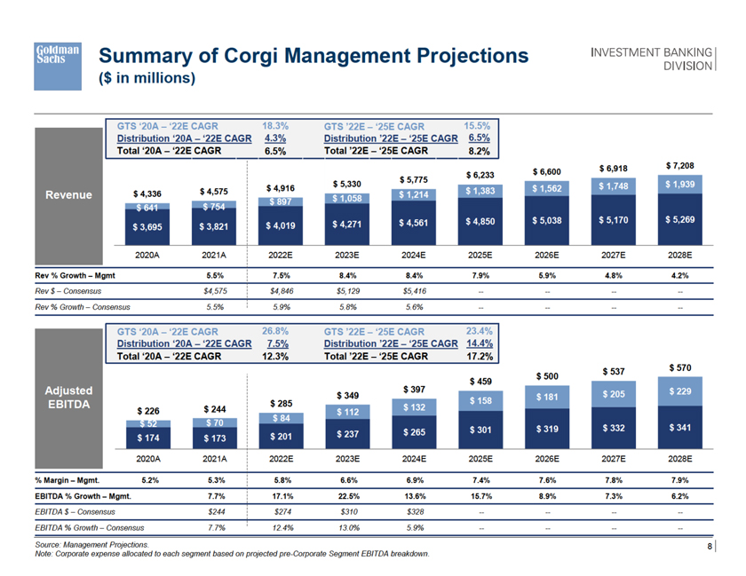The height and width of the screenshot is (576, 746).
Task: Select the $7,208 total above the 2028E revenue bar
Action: click(679, 166)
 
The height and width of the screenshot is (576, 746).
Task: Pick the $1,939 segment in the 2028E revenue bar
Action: click(679, 184)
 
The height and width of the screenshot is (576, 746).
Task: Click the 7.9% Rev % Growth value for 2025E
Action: click(480, 275)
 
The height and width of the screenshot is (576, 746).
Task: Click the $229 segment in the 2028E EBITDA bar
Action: click(679, 391)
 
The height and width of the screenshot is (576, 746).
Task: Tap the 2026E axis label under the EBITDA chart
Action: click(546, 460)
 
